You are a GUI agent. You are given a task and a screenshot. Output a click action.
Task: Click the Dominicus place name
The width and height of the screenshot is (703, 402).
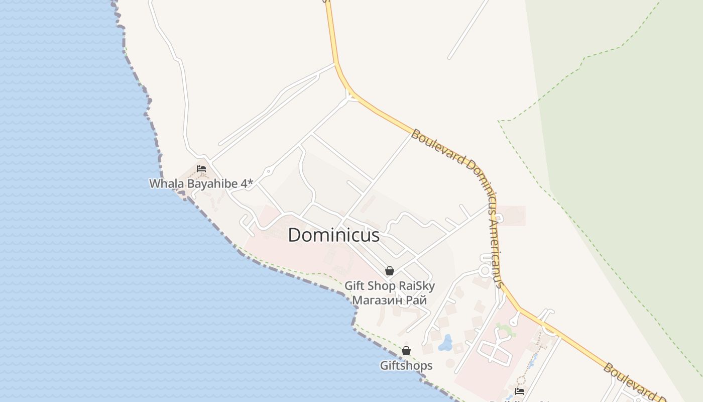click(x=333, y=235)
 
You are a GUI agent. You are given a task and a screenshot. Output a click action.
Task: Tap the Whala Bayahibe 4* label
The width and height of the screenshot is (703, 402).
click(x=200, y=183)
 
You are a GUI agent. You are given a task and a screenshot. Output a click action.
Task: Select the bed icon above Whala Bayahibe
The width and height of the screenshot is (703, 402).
click(x=201, y=169)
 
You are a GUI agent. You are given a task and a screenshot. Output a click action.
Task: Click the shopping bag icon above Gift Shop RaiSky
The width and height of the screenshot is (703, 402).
click(x=389, y=271)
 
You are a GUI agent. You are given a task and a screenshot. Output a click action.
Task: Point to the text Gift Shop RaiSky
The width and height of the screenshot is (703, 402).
click(x=389, y=286)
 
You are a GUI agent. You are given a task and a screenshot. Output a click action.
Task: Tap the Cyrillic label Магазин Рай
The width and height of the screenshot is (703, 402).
click(x=389, y=300)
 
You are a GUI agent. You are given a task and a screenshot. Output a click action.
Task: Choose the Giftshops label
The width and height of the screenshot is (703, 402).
click(x=406, y=365)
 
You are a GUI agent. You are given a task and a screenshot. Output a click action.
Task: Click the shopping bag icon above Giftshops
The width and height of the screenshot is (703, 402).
click(x=406, y=351)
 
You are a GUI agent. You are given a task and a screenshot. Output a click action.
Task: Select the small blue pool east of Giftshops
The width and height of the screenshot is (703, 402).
click(x=445, y=344)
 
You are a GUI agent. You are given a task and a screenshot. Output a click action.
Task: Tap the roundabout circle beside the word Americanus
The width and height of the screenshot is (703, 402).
click(x=485, y=271)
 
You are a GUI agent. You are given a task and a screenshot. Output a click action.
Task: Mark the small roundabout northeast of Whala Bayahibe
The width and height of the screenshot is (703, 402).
click(x=269, y=172)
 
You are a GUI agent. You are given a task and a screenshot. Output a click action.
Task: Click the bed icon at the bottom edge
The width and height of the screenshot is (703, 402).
click(x=520, y=391)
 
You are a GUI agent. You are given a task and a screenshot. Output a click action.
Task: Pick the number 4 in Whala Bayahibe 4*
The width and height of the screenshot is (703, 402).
click(x=244, y=183)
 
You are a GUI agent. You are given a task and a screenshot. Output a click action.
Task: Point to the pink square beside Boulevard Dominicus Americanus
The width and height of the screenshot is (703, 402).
click(x=512, y=215)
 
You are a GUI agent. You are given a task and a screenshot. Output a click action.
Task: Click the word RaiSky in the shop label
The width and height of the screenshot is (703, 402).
click(x=416, y=286)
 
